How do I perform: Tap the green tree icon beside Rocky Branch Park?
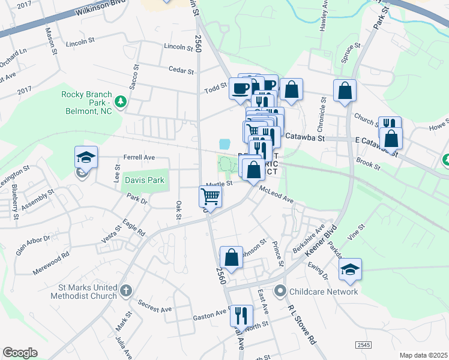point(121,101)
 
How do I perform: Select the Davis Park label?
point(144,179)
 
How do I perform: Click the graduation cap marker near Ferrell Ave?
point(86,157)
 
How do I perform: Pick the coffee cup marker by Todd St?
point(240,89)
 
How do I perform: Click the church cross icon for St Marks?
point(125,291)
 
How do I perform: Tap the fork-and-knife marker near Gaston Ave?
point(241,316)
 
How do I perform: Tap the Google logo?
point(20,352)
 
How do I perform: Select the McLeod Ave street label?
point(276,194)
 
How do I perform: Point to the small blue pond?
point(225,144)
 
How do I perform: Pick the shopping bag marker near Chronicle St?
point(345,91)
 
